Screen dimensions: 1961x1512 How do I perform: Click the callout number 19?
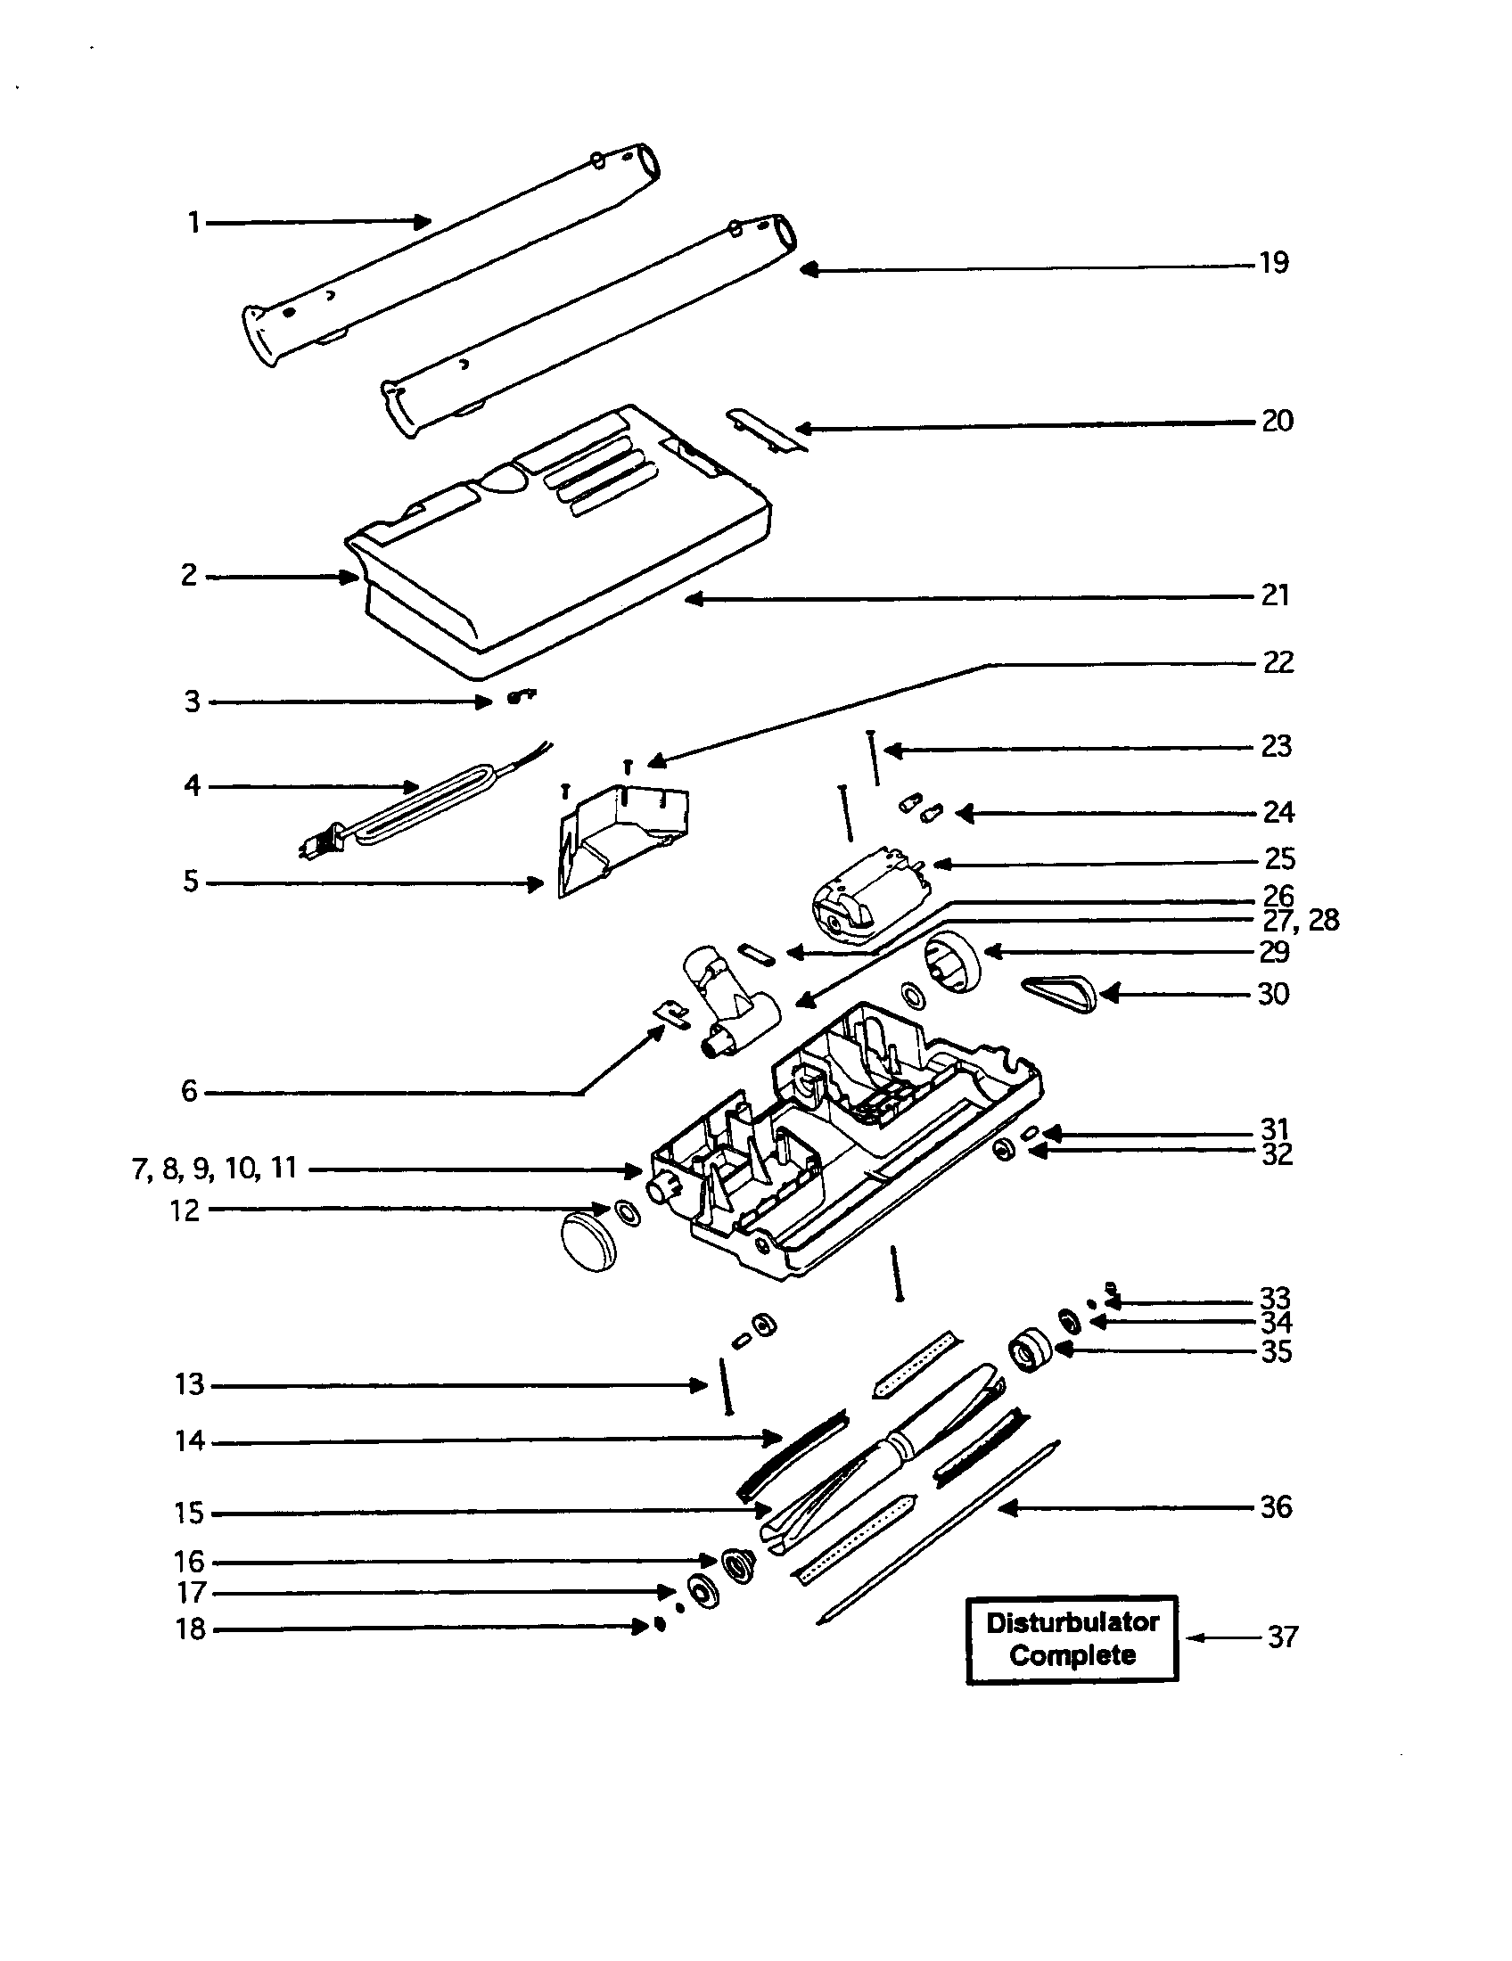(1274, 263)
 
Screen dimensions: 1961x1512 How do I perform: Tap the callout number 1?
(194, 222)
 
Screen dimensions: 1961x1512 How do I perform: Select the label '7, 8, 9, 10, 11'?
(215, 1169)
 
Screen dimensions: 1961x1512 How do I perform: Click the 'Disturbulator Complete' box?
(1072, 1638)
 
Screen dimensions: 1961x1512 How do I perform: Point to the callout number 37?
(1283, 1637)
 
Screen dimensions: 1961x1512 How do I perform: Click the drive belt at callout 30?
(1060, 992)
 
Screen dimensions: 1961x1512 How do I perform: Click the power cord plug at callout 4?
(319, 845)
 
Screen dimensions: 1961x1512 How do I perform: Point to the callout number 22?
(1278, 662)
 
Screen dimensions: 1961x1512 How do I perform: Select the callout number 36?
(1276, 1506)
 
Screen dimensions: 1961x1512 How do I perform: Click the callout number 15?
(190, 1513)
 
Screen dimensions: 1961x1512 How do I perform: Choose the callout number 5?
(191, 882)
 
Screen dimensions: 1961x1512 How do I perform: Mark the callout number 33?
(1276, 1299)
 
